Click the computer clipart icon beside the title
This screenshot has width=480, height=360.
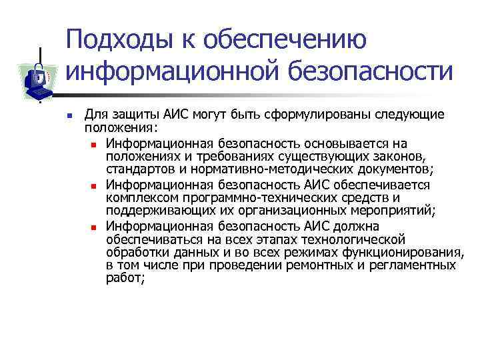coord(37,75)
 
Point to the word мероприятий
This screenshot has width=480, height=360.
coord(393,211)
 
